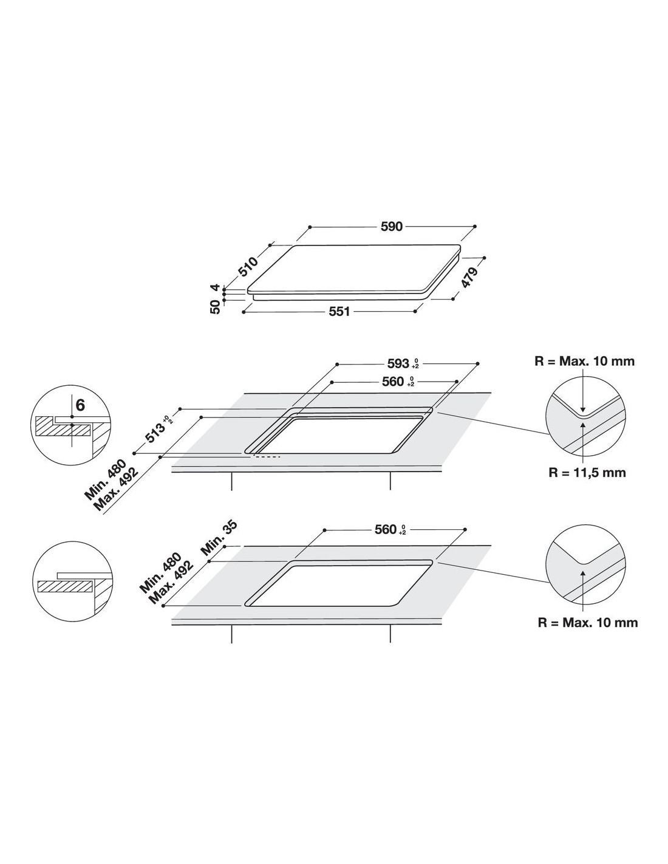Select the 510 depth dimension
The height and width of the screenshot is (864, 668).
248,266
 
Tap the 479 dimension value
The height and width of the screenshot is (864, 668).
469,277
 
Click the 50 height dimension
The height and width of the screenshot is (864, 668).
215,307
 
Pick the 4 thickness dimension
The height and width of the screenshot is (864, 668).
214,287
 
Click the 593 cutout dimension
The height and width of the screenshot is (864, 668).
398,363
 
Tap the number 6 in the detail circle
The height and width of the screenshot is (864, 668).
80,405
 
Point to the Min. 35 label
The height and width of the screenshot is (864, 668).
219,538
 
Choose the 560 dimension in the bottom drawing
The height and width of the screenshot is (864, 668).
386,529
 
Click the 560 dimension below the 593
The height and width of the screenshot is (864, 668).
393,382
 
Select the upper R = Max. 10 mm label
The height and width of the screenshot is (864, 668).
585,361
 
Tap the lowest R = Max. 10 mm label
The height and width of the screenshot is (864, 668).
588,622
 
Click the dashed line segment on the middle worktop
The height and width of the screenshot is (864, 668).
267,457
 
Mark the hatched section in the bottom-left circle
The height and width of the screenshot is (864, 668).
65,586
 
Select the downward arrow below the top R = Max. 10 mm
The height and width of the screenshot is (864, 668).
582,390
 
